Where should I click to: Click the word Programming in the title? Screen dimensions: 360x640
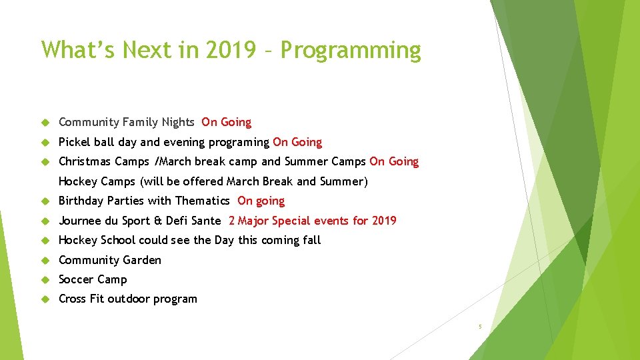350,51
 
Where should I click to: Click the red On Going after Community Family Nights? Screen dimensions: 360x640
226,122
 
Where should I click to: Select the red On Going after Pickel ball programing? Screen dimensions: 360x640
297,142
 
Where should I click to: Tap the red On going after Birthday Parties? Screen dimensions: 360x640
261,201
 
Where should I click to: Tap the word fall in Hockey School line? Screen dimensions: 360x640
312,240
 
